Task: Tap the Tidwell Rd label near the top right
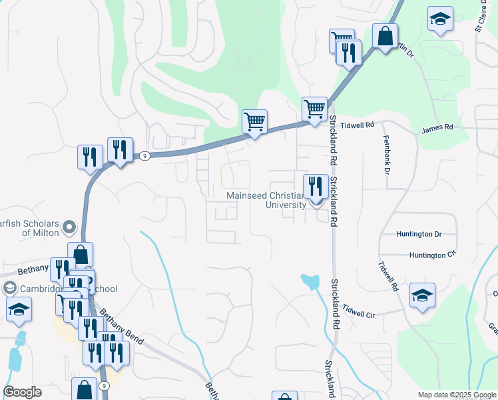pos(358,125)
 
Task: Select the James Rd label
pos(437,127)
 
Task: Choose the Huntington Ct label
pos(432,255)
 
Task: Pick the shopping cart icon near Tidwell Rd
pos(314,108)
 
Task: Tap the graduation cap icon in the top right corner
pos(440,19)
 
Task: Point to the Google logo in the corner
pos(22,392)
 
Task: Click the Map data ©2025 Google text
pos(457,395)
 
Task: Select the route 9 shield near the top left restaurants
pos(144,156)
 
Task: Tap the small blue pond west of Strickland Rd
pos(310,281)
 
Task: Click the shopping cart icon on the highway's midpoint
pos(254,121)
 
